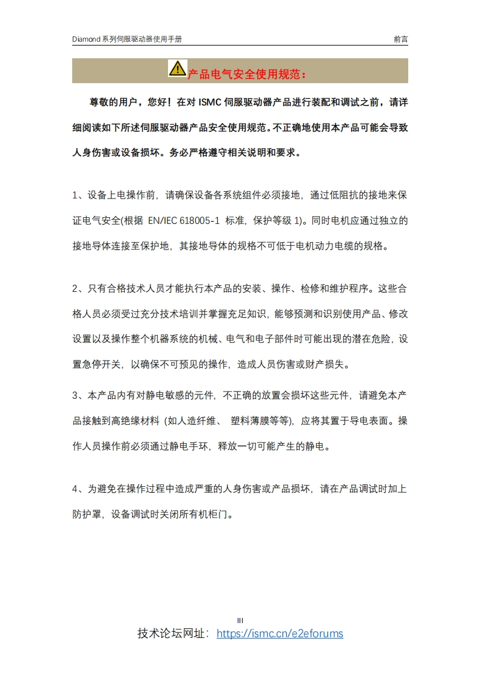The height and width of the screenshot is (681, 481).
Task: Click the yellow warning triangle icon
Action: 177,69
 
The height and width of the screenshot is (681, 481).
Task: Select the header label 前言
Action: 400,39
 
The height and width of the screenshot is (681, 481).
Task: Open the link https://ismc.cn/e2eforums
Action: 280,634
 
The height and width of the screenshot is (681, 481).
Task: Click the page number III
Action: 240,620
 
